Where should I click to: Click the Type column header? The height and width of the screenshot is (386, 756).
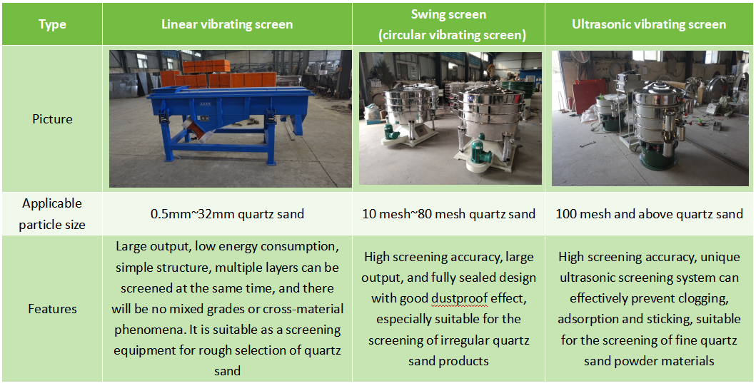(52, 24)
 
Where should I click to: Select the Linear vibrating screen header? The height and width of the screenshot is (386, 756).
(227, 24)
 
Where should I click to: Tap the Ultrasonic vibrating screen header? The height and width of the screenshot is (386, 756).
(649, 24)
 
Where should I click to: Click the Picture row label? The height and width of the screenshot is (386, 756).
(52, 119)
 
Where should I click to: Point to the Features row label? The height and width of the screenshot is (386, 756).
(52, 308)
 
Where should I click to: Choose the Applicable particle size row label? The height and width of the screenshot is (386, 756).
(52, 214)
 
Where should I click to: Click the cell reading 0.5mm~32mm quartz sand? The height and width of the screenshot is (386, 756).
(227, 214)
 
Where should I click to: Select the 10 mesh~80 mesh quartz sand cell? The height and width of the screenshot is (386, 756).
(448, 214)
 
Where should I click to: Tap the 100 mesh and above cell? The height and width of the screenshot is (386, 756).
(649, 214)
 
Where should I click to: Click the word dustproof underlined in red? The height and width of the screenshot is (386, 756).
(460, 299)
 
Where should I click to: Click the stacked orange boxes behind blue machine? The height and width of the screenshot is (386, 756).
(218, 74)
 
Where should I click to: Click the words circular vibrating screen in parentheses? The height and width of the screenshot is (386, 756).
(452, 35)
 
